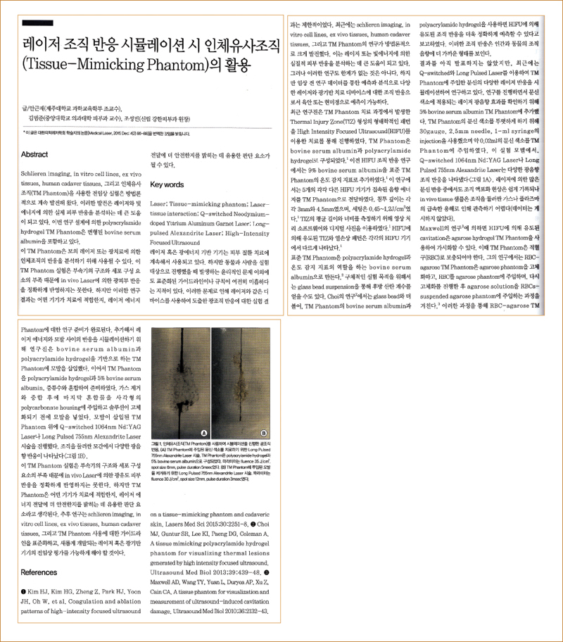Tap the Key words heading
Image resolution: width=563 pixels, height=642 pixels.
pyautogui.click(x=167, y=184)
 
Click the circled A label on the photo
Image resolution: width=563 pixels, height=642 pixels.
pyautogui.click(x=203, y=432)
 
